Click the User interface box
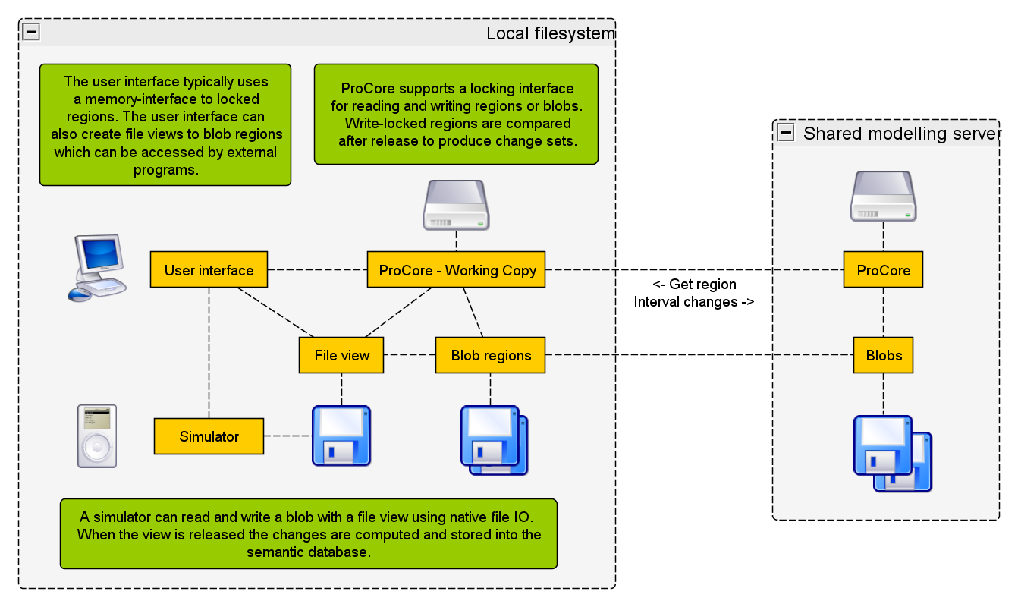(209, 270)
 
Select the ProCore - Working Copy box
(457, 270)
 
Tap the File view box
(341, 355)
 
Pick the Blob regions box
(491, 355)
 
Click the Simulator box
(209, 436)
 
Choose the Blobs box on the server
(883, 355)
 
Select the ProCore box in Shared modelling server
(883, 270)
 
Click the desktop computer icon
(96, 268)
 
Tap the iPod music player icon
(97, 436)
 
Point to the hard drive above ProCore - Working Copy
(456, 205)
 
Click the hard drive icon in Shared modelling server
(884, 196)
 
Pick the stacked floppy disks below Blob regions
(494, 440)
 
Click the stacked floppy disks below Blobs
(893, 453)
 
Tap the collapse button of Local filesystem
(31, 32)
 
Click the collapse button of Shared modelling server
(787, 134)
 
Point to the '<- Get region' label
(694, 285)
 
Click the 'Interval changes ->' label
(694, 301)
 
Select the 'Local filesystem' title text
(550, 33)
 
